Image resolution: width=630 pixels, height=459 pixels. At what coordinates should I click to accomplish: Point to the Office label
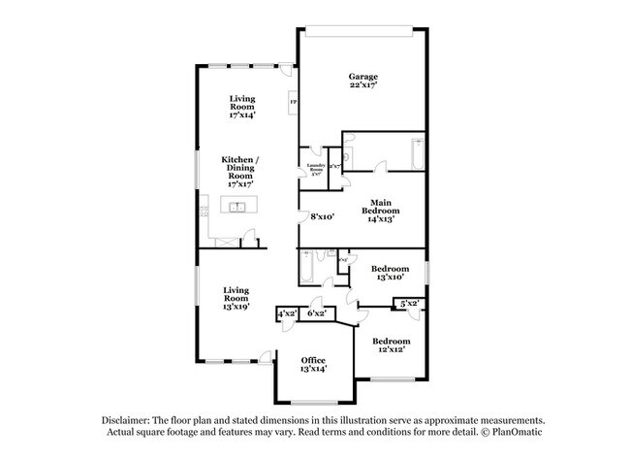(313, 364)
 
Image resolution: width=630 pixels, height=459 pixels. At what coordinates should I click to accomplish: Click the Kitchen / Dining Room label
(241, 171)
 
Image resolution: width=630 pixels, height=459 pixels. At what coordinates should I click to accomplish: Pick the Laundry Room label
(315, 169)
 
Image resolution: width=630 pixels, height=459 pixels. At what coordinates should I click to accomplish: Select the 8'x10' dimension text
(322, 217)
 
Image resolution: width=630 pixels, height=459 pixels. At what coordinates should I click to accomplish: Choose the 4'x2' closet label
(287, 314)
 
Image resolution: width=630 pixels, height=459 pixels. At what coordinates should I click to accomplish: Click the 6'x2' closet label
(316, 314)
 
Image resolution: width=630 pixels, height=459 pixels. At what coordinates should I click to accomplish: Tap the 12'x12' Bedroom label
(392, 345)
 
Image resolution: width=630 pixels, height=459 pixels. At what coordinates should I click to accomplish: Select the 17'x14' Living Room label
(242, 106)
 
